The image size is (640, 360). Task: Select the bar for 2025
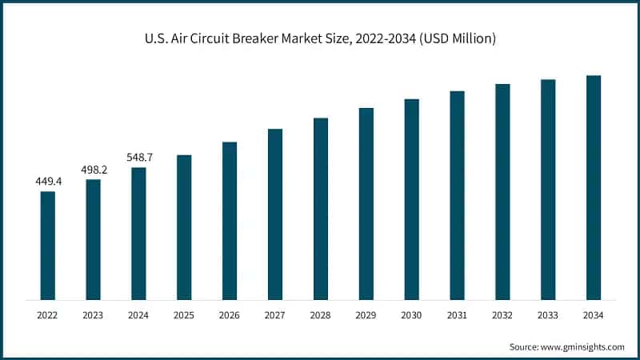(184, 227)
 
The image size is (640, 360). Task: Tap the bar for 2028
(321, 209)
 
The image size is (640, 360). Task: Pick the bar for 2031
(457, 195)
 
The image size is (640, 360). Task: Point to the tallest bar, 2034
(594, 187)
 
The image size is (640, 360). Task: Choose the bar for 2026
(230, 221)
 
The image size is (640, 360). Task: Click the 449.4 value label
(48, 182)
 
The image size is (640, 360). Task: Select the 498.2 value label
(94, 170)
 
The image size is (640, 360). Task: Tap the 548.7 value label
(138, 158)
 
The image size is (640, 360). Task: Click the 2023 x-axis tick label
(94, 316)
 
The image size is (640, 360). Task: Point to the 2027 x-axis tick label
(275, 316)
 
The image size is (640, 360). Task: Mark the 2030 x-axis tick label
(411, 316)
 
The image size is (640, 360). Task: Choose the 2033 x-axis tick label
(548, 316)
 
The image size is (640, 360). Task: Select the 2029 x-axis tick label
(366, 316)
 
